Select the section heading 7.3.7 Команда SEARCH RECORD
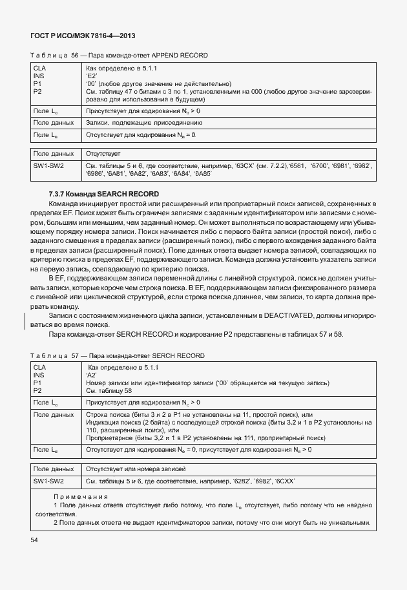[x=103, y=195]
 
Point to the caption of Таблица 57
[x=118, y=355]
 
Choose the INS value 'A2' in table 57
[x=92, y=375]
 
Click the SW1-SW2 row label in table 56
[x=48, y=166]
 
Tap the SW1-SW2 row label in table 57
[x=48, y=481]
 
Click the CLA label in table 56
[x=39, y=68]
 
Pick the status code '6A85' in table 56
[x=203, y=174]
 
